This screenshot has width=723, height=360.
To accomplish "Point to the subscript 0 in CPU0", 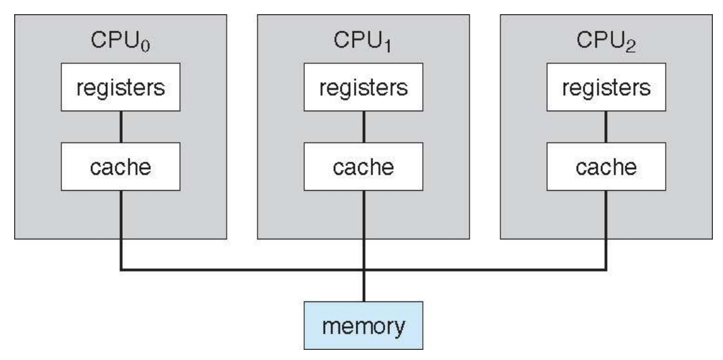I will (x=149, y=46).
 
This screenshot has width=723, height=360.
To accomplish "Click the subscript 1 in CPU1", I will (x=392, y=46).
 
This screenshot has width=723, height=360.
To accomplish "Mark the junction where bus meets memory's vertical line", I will (x=364, y=270).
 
